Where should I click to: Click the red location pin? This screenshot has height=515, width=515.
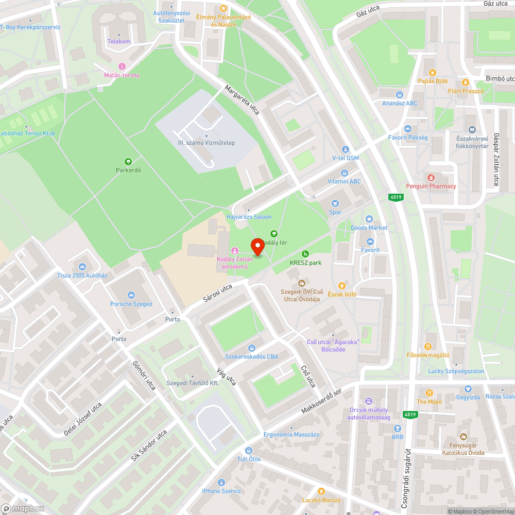click(x=257, y=247)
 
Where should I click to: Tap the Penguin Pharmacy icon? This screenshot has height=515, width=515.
click(x=431, y=177)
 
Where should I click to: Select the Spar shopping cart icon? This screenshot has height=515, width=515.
click(x=335, y=203)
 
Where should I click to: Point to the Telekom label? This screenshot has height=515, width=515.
click(x=118, y=42)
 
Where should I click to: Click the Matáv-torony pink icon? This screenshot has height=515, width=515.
click(x=122, y=66)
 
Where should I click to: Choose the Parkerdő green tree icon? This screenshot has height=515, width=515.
click(x=128, y=161)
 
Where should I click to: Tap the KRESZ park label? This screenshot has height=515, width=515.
click(x=305, y=263)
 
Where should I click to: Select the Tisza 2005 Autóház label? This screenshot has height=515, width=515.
click(x=82, y=275)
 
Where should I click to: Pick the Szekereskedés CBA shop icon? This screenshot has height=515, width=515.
click(x=251, y=348)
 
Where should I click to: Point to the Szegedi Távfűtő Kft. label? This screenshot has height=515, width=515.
click(x=193, y=384)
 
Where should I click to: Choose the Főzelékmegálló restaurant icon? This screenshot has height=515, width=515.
click(x=427, y=346)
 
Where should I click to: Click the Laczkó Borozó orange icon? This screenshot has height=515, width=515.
click(x=322, y=491)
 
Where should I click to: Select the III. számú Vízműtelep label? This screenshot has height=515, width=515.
click(x=206, y=143)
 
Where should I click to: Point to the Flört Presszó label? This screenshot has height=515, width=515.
click(x=465, y=91)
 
